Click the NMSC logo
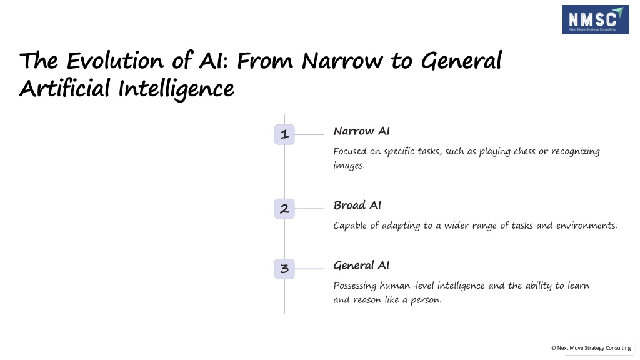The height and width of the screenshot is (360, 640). (596, 19)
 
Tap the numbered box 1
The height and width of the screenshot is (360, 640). (284, 134)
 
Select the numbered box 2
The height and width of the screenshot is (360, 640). (284, 209)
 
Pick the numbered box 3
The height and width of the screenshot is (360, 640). (284, 269)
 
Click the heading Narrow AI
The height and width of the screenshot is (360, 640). (361, 131)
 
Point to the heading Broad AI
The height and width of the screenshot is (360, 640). (357, 205)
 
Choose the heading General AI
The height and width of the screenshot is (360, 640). (361, 265)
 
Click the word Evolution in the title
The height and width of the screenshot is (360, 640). (115, 61)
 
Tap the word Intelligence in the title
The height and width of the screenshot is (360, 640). (176, 89)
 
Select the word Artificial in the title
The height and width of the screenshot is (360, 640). (65, 88)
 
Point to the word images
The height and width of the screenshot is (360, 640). (349, 166)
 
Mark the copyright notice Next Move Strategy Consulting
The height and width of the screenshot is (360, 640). (591, 348)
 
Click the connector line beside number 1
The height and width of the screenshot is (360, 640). (309, 134)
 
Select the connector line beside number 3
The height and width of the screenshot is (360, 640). (309, 269)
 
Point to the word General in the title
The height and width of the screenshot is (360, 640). (461, 61)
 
